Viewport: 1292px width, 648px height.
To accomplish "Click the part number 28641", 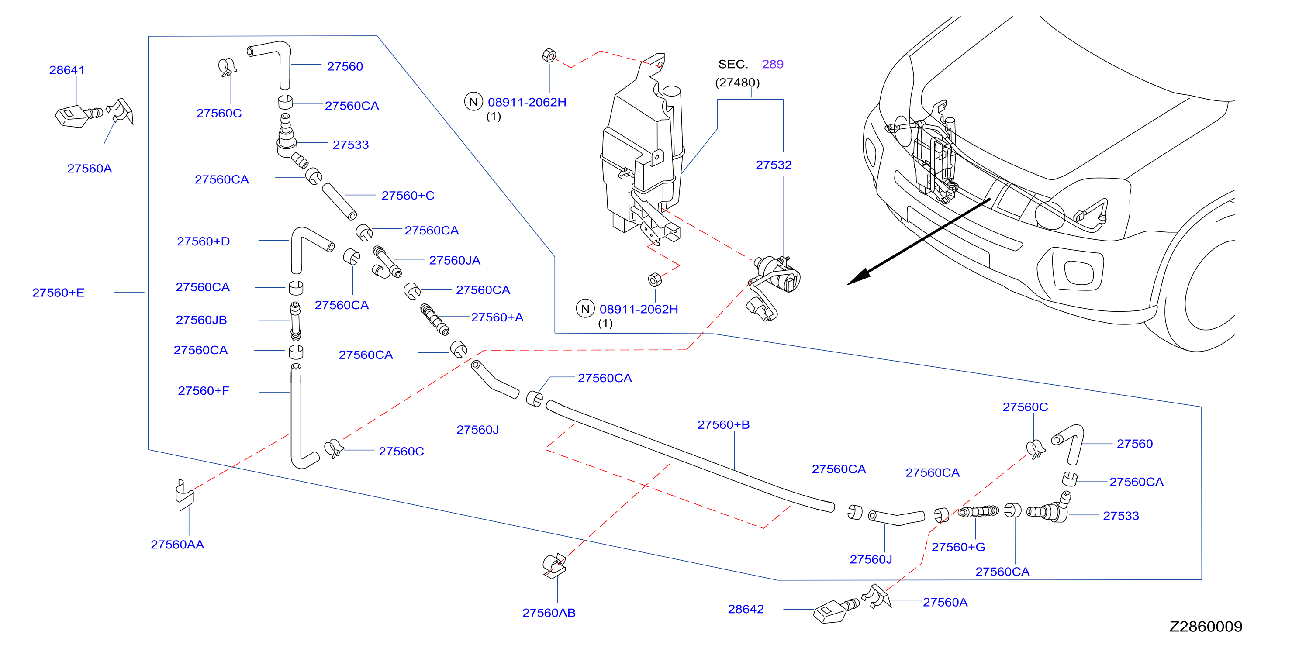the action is (x=67, y=70).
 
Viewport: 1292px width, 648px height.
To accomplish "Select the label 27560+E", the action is (x=58, y=293).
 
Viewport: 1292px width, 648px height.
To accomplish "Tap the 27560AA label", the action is (x=177, y=544).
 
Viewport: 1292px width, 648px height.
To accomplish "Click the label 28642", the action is (x=746, y=609).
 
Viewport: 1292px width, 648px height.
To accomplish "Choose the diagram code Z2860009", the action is (x=1206, y=627).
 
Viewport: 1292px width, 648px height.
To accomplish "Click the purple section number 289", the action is (x=772, y=64).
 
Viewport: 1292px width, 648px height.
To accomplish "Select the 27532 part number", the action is (x=774, y=165).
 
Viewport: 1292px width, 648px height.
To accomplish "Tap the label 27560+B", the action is (x=723, y=425).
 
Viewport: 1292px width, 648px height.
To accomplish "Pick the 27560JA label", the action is (x=454, y=260).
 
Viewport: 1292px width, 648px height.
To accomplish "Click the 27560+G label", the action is (x=958, y=547).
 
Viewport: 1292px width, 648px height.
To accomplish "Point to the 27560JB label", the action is (x=201, y=320).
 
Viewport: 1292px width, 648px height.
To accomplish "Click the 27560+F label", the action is (x=203, y=391).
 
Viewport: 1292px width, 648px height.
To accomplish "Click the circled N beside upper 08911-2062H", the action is (x=473, y=102).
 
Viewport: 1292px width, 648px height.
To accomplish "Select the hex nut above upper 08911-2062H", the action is (x=549, y=55).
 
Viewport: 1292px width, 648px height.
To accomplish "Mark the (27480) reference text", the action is (x=737, y=82).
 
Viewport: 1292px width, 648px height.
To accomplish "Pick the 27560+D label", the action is (x=203, y=241).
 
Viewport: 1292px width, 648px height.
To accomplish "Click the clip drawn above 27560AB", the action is (x=554, y=565).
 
